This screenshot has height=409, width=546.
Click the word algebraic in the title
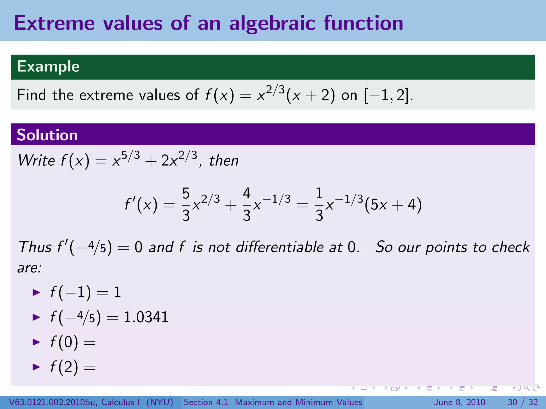tap(272, 23)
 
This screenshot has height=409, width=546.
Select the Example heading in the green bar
tap(48, 66)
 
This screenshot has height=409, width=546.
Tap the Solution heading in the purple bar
tap(47, 135)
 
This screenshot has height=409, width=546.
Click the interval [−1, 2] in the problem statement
tap(387, 95)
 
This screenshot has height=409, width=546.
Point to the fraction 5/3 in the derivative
tap(186, 204)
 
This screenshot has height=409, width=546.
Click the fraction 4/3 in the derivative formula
tap(247, 204)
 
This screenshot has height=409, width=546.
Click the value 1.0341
tap(146, 317)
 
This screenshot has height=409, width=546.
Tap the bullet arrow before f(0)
tap(36, 342)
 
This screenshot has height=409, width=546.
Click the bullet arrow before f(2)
tap(36, 367)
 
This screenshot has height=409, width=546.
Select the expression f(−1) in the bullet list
tap(71, 292)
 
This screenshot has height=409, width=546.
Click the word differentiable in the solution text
tap(280, 247)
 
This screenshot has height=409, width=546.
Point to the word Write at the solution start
tap(36, 161)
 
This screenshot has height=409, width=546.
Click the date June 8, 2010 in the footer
tap(460, 402)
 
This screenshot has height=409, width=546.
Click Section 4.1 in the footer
tap(206, 402)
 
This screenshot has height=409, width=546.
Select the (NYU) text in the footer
tap(160, 402)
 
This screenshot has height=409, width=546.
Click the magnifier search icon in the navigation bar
tap(527, 388)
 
